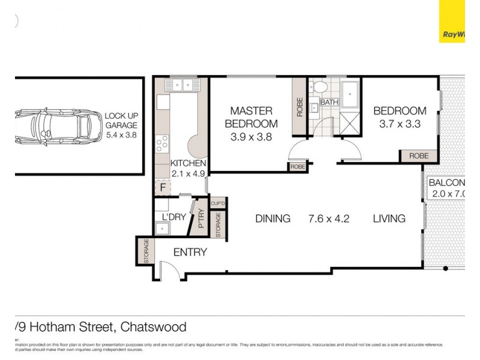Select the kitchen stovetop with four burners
(162, 143)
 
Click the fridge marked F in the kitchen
(162, 187)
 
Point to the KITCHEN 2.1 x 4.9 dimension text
(188, 174)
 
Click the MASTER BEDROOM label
(251, 117)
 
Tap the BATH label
(329, 103)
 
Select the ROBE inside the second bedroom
(418, 155)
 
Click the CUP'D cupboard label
(217, 203)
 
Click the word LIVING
(389, 218)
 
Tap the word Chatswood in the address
(154, 327)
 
